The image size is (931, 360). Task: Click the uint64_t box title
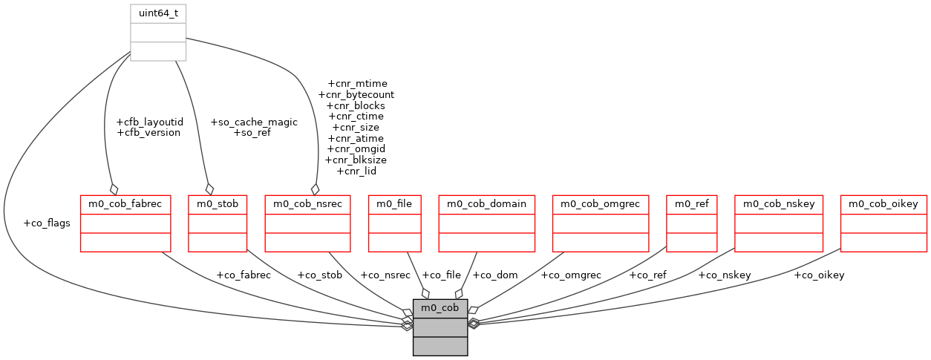pyautogui.click(x=157, y=13)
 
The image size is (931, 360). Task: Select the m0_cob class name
pyautogui.click(x=440, y=307)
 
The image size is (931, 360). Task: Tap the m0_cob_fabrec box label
pyautogui.click(x=125, y=203)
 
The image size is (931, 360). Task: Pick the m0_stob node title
pyautogui.click(x=217, y=203)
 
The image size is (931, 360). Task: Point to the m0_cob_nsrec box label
pyautogui.click(x=307, y=203)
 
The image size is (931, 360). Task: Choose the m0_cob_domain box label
pyautogui.click(x=486, y=203)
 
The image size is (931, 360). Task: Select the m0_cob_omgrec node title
pyautogui.click(x=601, y=203)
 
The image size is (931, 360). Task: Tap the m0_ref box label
pyautogui.click(x=692, y=203)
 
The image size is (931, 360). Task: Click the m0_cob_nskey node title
pyautogui.click(x=778, y=203)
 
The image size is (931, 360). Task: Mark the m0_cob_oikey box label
pyautogui.click(x=883, y=203)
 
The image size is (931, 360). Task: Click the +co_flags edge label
pyautogui.click(x=47, y=223)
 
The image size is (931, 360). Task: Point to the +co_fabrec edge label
pyautogui.click(x=244, y=275)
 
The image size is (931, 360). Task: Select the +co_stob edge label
pyautogui.click(x=319, y=275)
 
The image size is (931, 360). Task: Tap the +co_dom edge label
pyautogui.click(x=495, y=275)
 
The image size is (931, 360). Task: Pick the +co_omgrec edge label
pyautogui.click(x=570, y=275)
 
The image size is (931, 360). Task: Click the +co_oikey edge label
pyautogui.click(x=819, y=275)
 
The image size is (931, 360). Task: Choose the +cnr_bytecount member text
pyautogui.click(x=356, y=95)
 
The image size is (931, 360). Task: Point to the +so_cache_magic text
pyautogui.click(x=254, y=122)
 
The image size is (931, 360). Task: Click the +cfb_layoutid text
pyautogui.click(x=150, y=122)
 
